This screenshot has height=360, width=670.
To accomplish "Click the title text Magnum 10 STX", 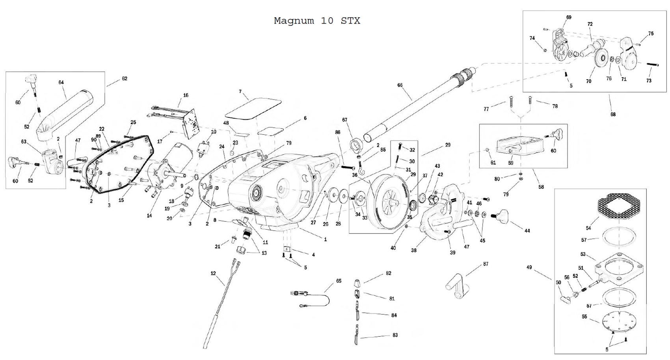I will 317,21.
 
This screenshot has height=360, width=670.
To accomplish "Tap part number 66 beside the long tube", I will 400,85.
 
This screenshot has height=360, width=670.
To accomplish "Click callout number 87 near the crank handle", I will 486,264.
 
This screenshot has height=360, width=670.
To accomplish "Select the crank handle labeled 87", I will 457,285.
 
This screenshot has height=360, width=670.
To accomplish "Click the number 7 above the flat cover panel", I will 240,91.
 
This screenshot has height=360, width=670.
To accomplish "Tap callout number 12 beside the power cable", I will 213,273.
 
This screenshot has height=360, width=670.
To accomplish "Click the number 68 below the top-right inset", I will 613,114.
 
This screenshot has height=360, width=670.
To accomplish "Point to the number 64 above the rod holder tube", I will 61,82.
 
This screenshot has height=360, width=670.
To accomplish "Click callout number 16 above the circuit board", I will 186,95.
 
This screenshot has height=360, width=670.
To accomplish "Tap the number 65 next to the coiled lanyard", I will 339,281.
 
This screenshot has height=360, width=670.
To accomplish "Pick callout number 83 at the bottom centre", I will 395,335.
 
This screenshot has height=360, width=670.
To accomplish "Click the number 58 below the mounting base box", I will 541,187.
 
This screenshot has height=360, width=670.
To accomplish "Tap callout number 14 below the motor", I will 149,215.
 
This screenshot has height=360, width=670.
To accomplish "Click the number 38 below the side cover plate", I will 414,250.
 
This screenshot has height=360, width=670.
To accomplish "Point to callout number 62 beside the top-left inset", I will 125,79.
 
